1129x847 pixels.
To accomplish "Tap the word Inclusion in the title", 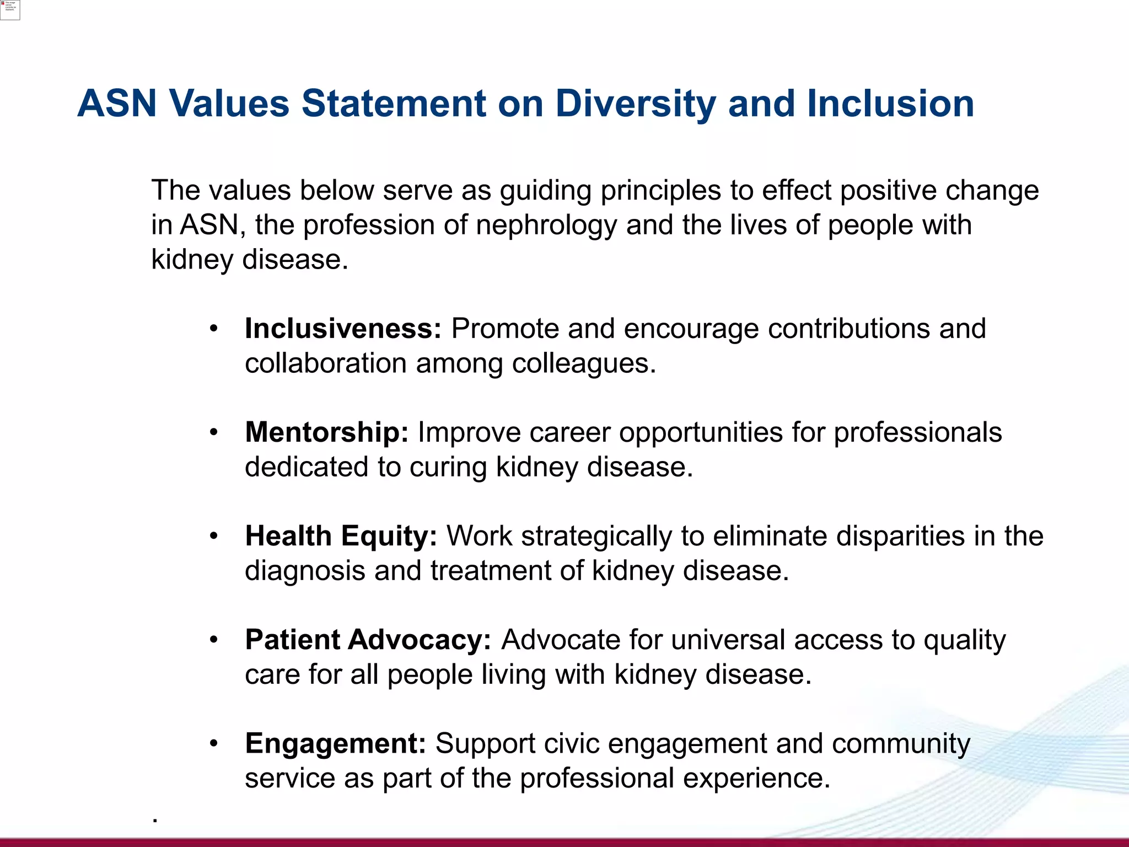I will pyautogui.click(x=890, y=104).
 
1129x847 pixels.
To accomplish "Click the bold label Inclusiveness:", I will pyautogui.click(x=343, y=329).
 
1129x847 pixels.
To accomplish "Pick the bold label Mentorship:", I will pyautogui.click(x=326, y=432).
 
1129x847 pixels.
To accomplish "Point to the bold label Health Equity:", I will pyautogui.click(x=341, y=536).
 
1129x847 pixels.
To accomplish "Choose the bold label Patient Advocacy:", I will pyautogui.click(x=368, y=640).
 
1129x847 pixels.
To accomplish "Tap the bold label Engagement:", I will pyautogui.click(x=335, y=743).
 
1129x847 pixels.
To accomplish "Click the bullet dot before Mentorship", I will pyautogui.click(x=214, y=433).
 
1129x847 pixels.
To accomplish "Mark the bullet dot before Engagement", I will pyautogui.click(x=214, y=744).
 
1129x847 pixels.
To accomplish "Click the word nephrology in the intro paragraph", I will pyautogui.click(x=546, y=226).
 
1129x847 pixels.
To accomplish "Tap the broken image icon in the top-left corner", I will pyautogui.click(x=10, y=10).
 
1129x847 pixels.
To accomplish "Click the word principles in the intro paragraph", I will pyautogui.click(x=660, y=191).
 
